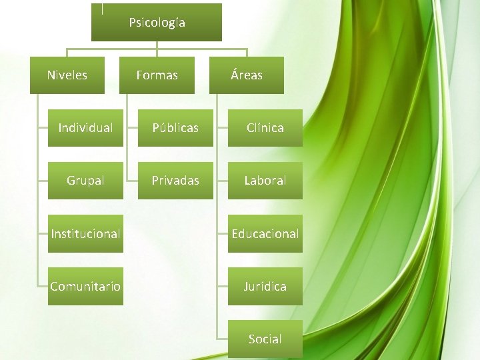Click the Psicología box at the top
(x=156, y=23)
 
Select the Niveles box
(x=67, y=75)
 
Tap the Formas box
(x=157, y=75)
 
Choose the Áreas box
(x=247, y=75)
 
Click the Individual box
(x=85, y=127)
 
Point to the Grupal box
(x=85, y=180)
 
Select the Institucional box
(x=85, y=233)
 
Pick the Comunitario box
(x=85, y=286)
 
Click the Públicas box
(x=175, y=127)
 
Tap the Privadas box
(x=175, y=180)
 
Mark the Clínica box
(x=265, y=127)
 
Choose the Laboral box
(x=265, y=180)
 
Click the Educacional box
(x=265, y=233)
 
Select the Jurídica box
(x=265, y=286)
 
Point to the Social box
(x=265, y=339)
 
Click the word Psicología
(x=157, y=23)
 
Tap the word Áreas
(x=247, y=75)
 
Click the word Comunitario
(x=85, y=286)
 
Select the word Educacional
(x=265, y=233)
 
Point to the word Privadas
(x=175, y=180)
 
